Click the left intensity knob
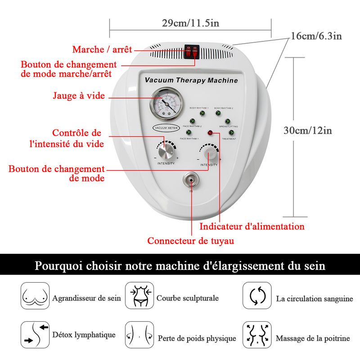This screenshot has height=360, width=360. [166, 149]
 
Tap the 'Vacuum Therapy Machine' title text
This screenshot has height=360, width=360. [191, 81]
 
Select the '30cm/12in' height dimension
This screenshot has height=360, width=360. [308, 130]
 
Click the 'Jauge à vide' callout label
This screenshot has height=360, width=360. [79, 95]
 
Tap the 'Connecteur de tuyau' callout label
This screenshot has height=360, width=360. [191, 241]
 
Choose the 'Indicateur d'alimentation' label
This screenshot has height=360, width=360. [252, 226]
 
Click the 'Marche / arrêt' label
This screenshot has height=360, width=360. [102, 49]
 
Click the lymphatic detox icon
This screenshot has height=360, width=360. [35, 335]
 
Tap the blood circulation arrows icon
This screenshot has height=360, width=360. [257, 296]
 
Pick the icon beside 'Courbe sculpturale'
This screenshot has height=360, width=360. [139, 296]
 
